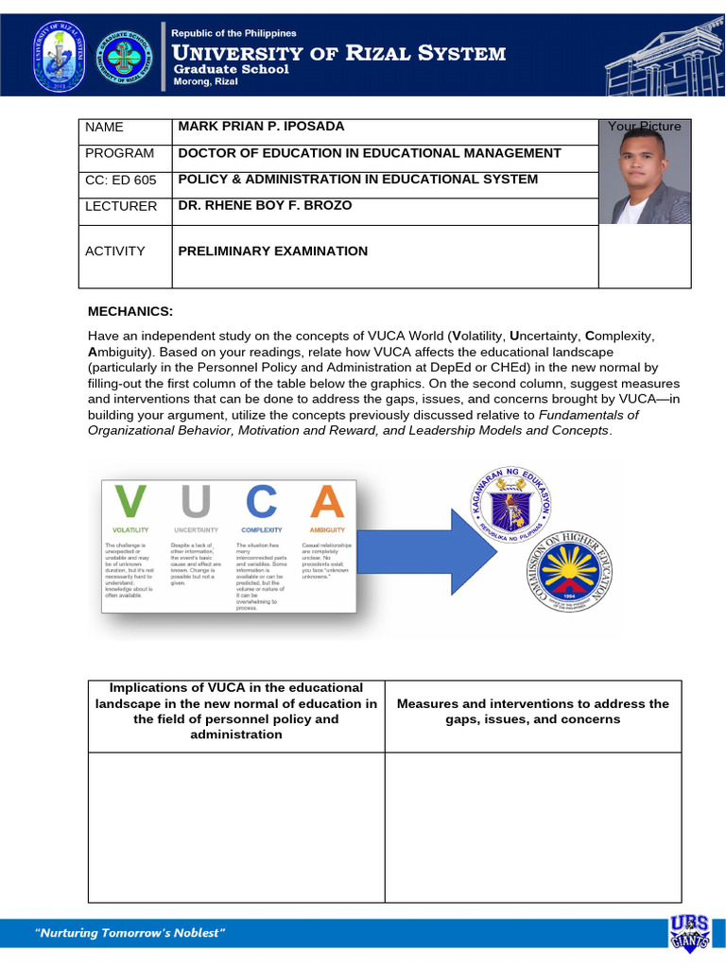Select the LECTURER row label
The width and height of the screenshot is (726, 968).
coord(121,206)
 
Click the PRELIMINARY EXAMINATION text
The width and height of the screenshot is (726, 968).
coord(273,251)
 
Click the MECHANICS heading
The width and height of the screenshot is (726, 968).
coord(130,311)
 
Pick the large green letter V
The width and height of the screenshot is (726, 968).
coord(130,501)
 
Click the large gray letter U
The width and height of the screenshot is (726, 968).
coord(194,501)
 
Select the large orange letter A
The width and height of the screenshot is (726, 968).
coord(328,501)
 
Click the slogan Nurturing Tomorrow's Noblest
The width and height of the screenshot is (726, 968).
coord(130,934)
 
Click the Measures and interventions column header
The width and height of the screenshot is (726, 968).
coord(533,711)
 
